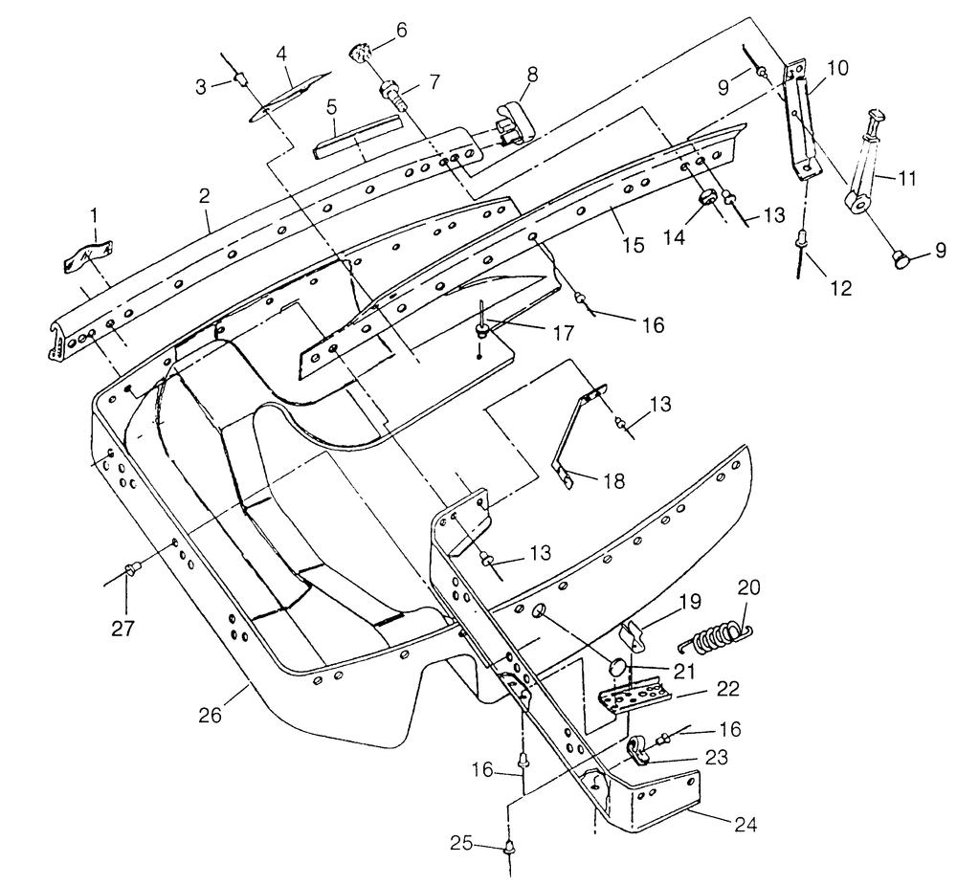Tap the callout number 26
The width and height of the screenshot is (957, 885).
(211, 715)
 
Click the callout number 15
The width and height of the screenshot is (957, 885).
(634, 245)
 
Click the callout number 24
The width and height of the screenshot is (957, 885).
(746, 824)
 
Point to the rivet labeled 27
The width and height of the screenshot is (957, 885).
(131, 570)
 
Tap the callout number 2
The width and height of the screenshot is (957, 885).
(204, 195)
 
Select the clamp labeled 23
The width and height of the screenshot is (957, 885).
(637, 750)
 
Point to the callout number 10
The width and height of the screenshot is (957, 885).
(838, 68)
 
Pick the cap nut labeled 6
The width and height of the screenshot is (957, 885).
(360, 52)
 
